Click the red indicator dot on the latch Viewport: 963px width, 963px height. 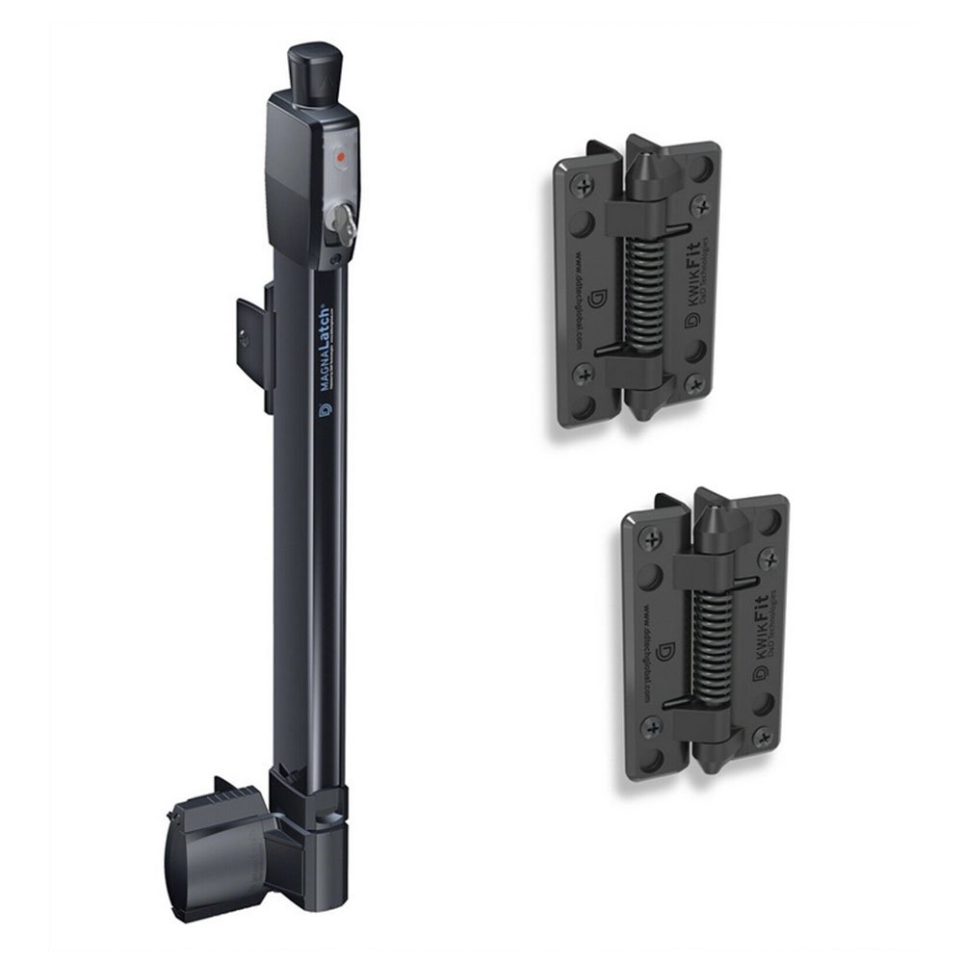[338, 155]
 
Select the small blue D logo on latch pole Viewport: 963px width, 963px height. [324, 411]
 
